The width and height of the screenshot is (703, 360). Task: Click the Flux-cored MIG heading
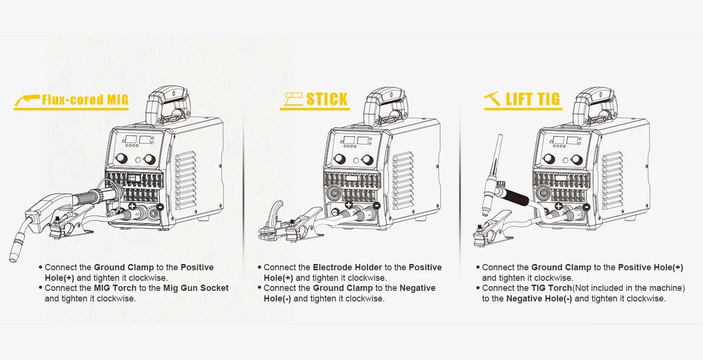click(85, 100)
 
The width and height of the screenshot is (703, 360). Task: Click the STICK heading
click(327, 99)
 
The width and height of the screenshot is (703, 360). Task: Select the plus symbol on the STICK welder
click(349, 205)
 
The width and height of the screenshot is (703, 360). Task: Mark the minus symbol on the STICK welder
click(376, 205)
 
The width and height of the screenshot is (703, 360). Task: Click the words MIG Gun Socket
click(196, 288)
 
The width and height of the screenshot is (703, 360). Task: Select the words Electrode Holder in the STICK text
click(347, 267)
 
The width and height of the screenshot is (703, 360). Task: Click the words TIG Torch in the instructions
click(551, 288)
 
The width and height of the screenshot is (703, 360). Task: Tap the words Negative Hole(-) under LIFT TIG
click(539, 299)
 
